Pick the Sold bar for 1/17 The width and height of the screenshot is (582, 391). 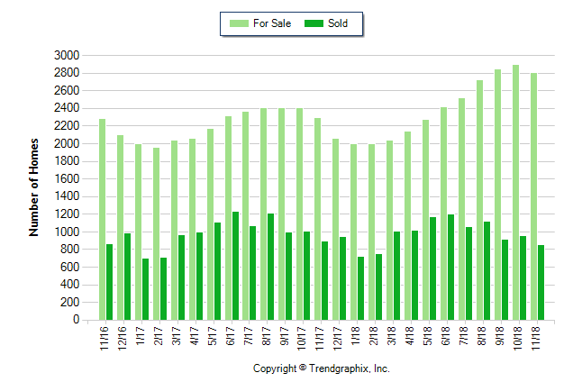145,289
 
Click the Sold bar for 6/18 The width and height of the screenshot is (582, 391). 450,267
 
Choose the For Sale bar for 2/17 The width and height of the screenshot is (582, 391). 156,233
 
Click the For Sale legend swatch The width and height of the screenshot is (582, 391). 241,23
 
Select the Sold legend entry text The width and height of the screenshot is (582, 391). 338,23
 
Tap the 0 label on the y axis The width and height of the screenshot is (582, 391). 76,320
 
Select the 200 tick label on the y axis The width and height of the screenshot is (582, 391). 70,303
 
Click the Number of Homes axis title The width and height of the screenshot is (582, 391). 35,187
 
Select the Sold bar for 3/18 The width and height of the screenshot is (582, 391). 396,276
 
